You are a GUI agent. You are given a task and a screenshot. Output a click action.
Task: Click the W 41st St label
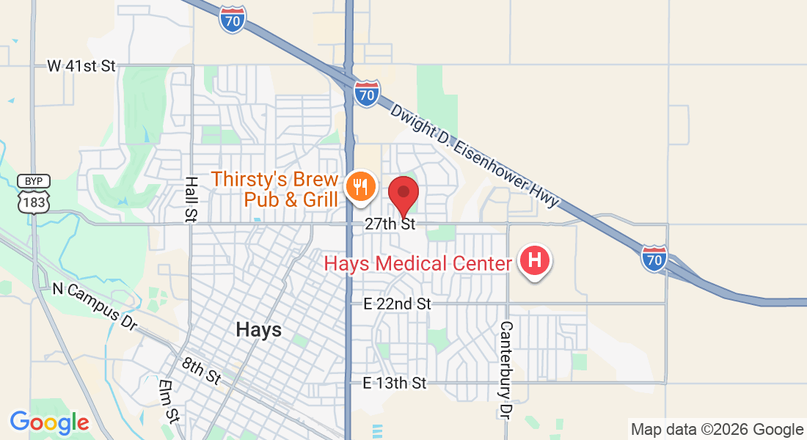tap(81, 66)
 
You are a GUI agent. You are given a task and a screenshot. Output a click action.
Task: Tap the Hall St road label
tap(191, 199)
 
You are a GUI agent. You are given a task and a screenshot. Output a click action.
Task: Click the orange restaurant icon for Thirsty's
tap(360, 188)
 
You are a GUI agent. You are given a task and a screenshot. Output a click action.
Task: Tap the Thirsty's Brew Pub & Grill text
tap(275, 189)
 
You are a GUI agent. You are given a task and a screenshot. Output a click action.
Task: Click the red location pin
tap(403, 194)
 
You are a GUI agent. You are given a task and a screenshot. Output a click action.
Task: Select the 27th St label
tap(390, 224)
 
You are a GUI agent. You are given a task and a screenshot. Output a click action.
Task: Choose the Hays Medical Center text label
tap(417, 263)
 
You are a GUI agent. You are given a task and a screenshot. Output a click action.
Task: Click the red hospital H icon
tap(535, 260)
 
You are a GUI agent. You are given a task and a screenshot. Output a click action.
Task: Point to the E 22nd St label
tap(398, 304)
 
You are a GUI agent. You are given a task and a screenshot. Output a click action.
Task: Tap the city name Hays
tap(259, 330)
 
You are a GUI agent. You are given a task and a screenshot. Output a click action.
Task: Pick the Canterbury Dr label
tap(506, 370)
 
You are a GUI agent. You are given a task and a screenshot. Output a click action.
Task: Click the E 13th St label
tap(395, 383)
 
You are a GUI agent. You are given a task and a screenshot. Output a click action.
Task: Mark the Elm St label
tap(168, 401)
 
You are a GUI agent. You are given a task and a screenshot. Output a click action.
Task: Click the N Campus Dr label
tap(95, 304)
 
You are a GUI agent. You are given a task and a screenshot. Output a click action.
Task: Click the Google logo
tap(49, 422)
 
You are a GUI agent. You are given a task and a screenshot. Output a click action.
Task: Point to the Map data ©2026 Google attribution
tap(717, 430)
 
